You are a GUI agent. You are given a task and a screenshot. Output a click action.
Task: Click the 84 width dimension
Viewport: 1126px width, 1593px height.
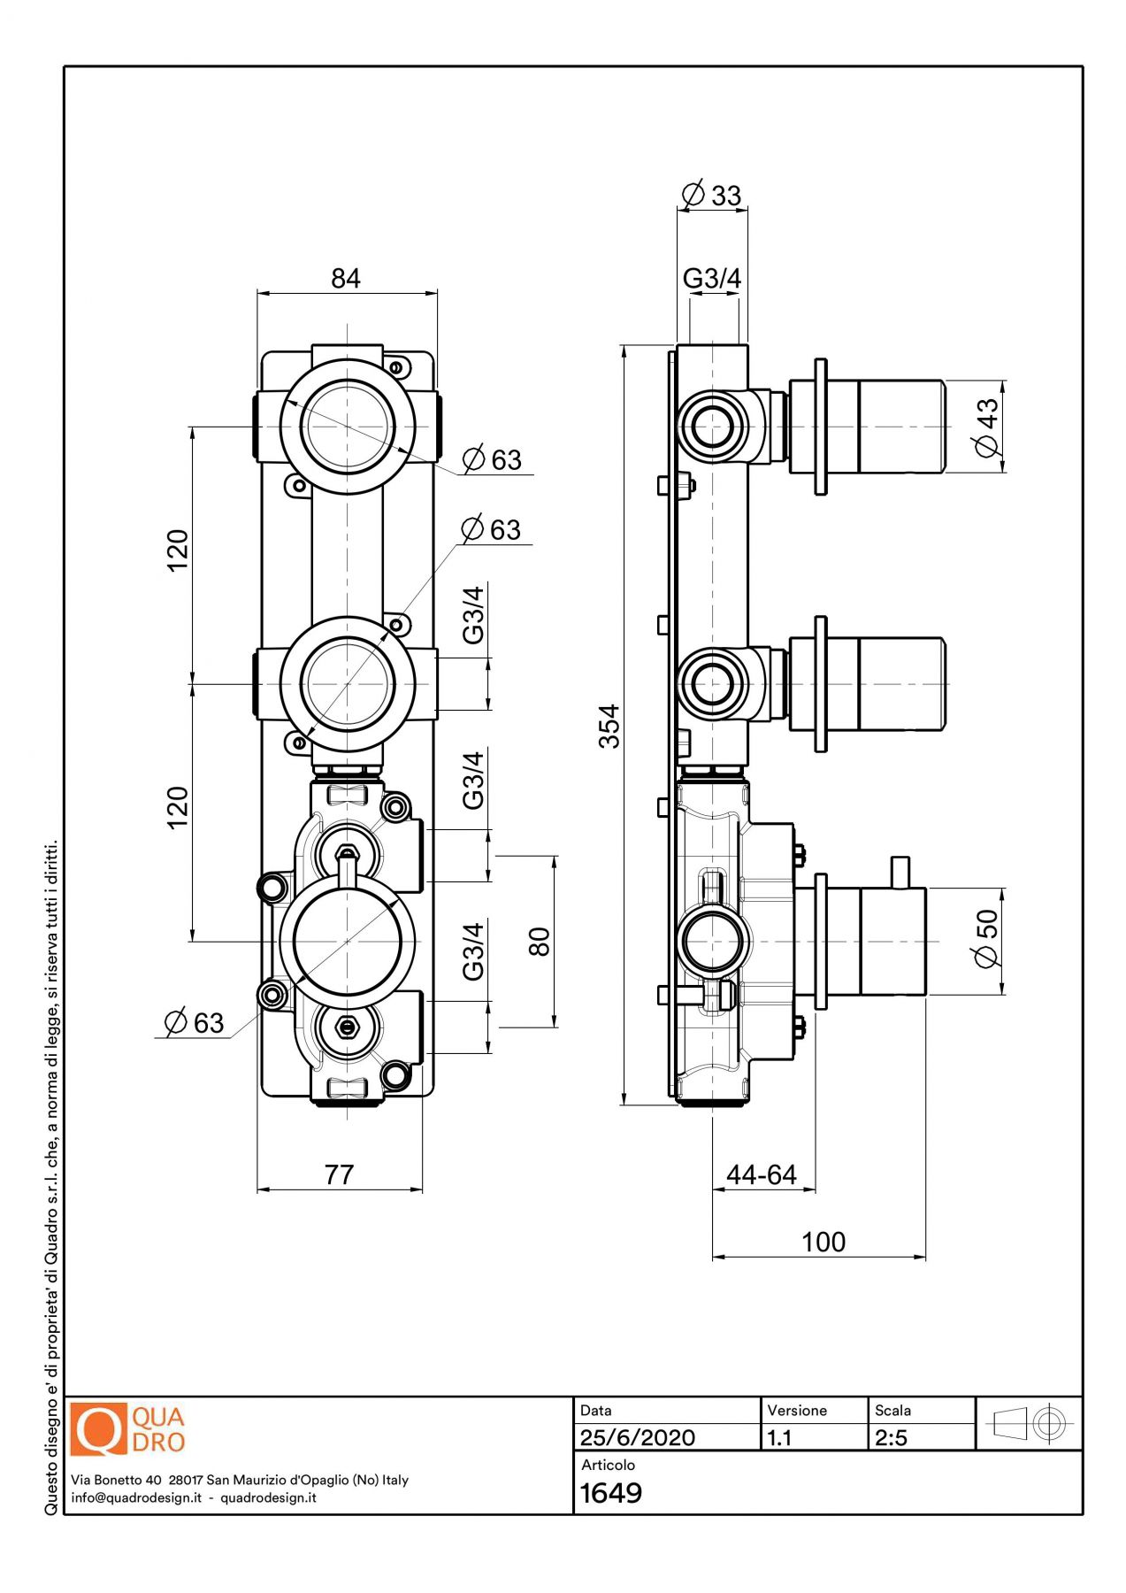point(346,279)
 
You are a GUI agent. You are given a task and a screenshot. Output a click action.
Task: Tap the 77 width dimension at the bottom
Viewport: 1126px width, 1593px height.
point(339,1174)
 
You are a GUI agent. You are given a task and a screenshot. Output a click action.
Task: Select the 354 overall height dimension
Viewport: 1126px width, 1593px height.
point(610,726)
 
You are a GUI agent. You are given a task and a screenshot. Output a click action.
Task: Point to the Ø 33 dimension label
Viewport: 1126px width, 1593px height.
point(712,195)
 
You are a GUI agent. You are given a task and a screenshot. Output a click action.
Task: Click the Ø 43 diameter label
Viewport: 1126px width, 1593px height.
point(987,427)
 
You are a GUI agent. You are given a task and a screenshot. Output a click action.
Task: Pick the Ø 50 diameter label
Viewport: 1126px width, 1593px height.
point(985,940)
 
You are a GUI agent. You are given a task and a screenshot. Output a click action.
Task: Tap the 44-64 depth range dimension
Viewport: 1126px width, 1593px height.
point(762,1174)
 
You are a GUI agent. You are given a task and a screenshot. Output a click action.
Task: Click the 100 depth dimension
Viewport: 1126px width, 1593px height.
point(823,1242)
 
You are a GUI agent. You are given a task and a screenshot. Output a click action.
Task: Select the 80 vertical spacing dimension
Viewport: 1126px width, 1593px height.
point(540,941)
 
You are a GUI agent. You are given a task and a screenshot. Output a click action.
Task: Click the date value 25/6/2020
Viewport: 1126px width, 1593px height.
point(638,1437)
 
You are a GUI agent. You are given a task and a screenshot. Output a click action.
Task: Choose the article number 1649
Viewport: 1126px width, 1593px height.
point(611,1493)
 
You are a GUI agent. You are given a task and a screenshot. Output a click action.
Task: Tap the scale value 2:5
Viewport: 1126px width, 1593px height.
point(892,1437)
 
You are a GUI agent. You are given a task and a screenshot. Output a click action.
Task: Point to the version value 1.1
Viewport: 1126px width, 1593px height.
point(779,1437)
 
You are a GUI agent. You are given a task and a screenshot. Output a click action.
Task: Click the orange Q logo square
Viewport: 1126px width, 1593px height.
point(98,1428)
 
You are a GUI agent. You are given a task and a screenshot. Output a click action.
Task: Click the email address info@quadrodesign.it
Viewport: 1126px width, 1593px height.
point(136,1497)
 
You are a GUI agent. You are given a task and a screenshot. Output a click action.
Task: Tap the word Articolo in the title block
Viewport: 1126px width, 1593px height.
point(608,1465)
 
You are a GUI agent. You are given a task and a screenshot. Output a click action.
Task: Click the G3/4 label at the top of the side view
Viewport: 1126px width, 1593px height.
point(712,278)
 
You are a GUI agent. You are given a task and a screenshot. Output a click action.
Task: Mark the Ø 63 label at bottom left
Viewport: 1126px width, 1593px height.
point(195,1022)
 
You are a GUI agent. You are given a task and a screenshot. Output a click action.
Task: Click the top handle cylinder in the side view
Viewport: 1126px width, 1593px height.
point(900,427)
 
